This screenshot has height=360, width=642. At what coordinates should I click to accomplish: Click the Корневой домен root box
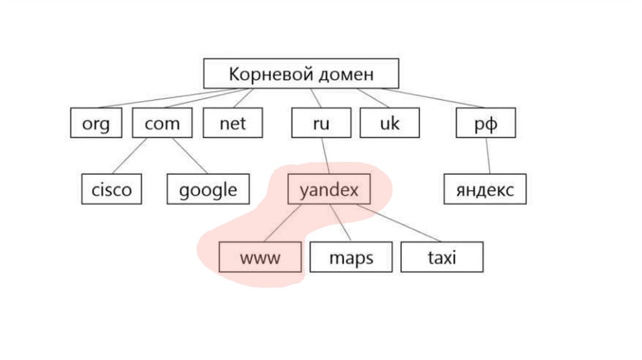301,74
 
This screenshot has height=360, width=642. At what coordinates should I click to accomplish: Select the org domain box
95,124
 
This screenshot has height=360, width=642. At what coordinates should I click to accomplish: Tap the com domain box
162,124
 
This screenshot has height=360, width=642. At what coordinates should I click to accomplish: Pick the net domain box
233,124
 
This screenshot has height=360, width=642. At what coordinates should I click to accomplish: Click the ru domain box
320,124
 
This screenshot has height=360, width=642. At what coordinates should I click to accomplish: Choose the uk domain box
389,124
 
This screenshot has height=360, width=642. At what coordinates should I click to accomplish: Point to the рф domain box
485,124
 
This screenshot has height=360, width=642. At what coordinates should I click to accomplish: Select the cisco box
112,189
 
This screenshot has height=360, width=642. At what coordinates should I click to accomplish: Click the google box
208,189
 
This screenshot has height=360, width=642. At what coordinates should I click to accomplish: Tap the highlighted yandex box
329,189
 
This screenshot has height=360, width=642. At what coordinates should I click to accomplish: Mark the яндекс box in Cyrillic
485,189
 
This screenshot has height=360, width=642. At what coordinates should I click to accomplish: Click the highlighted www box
260,257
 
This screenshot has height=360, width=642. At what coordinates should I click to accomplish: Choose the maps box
350,257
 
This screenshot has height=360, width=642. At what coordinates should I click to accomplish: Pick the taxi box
442,257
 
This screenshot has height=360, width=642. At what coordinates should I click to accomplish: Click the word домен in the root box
346,74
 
